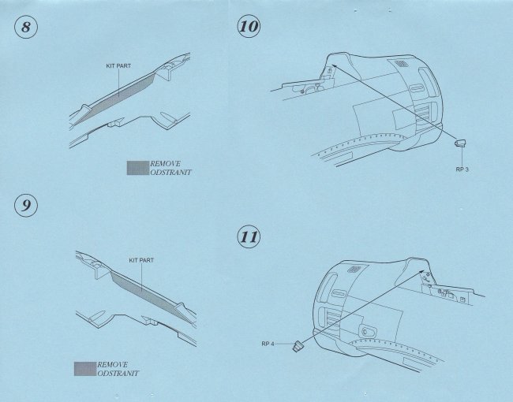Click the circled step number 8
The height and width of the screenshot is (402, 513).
26,27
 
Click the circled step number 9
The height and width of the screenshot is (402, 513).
26,205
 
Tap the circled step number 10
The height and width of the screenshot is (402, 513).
249,26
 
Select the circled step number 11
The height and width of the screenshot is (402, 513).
249,236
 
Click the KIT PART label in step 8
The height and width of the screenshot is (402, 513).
118,65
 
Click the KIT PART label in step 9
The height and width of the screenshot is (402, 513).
141,260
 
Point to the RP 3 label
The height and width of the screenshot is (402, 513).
462,169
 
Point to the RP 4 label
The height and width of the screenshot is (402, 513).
268,344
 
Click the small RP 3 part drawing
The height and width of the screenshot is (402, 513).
460,143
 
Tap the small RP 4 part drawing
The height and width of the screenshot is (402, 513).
297,346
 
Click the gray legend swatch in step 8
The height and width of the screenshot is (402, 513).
138,168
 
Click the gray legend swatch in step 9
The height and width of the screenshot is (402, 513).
85,369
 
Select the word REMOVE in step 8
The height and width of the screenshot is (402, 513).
165,164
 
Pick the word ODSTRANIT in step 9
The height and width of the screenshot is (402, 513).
118,373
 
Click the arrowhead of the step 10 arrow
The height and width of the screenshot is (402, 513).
335,65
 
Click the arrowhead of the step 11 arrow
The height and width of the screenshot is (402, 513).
421,272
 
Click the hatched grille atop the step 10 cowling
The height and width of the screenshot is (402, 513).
399,64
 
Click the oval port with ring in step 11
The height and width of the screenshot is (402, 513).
367,332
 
